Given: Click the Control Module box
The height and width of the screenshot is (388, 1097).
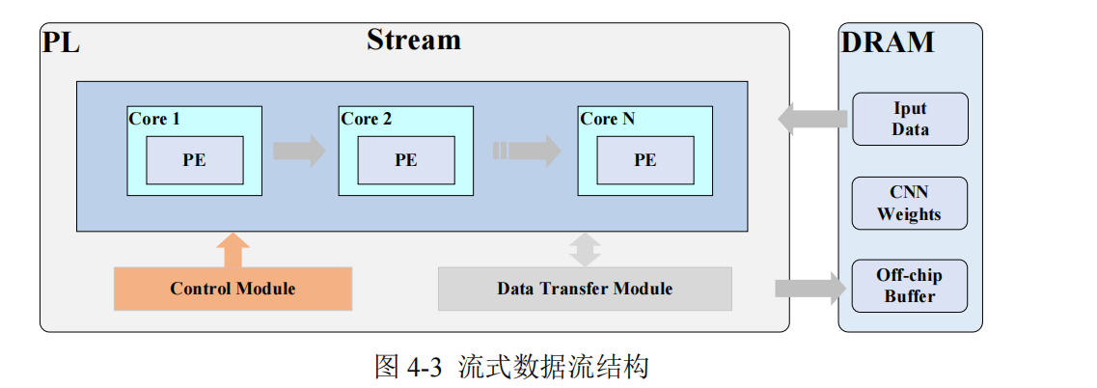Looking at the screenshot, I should (233, 289).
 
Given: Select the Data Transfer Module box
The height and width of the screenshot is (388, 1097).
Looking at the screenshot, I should (585, 289).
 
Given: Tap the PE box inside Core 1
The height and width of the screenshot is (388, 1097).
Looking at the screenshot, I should (194, 160).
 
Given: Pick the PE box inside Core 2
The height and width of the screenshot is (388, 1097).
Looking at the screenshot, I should (406, 160).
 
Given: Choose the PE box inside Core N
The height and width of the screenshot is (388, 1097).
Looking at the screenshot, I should (644, 160).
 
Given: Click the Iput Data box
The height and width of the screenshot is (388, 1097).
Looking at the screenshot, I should (909, 119).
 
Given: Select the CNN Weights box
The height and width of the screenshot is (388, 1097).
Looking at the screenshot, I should (909, 203).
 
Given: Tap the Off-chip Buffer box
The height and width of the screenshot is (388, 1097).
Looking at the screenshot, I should (909, 286).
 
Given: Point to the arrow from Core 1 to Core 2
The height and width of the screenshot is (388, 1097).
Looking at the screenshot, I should (299, 151).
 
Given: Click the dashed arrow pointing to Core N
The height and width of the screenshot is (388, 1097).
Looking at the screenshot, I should (527, 151).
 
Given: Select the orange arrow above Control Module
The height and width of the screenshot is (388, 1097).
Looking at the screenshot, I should (233, 250).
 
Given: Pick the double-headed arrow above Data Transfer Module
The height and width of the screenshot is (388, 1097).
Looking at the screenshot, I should (585, 249).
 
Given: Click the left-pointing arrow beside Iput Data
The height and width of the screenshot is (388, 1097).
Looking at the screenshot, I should (812, 119).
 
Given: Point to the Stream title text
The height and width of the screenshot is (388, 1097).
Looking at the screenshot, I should (413, 40).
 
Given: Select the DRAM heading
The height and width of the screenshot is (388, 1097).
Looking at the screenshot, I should (888, 42).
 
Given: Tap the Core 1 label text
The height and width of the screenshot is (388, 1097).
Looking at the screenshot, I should (154, 119).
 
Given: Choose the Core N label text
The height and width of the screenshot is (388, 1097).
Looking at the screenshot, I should (608, 119).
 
